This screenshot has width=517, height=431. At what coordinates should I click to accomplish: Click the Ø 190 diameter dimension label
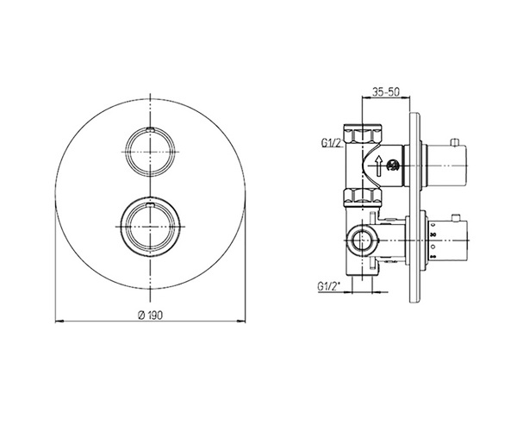(x=150, y=315)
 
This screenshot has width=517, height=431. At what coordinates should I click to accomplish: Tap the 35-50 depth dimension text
(x=386, y=91)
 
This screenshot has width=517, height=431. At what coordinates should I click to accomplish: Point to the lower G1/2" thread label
(x=328, y=286)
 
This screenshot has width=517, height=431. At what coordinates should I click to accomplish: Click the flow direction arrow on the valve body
(x=379, y=166)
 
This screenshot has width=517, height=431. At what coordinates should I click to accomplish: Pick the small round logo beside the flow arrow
(x=393, y=166)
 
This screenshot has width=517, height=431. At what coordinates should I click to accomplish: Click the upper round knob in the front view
(x=150, y=152)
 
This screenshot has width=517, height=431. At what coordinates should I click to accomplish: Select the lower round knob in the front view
(x=150, y=227)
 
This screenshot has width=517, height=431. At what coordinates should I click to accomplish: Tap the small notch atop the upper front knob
(x=150, y=129)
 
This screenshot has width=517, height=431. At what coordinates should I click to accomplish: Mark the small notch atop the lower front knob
(x=150, y=206)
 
